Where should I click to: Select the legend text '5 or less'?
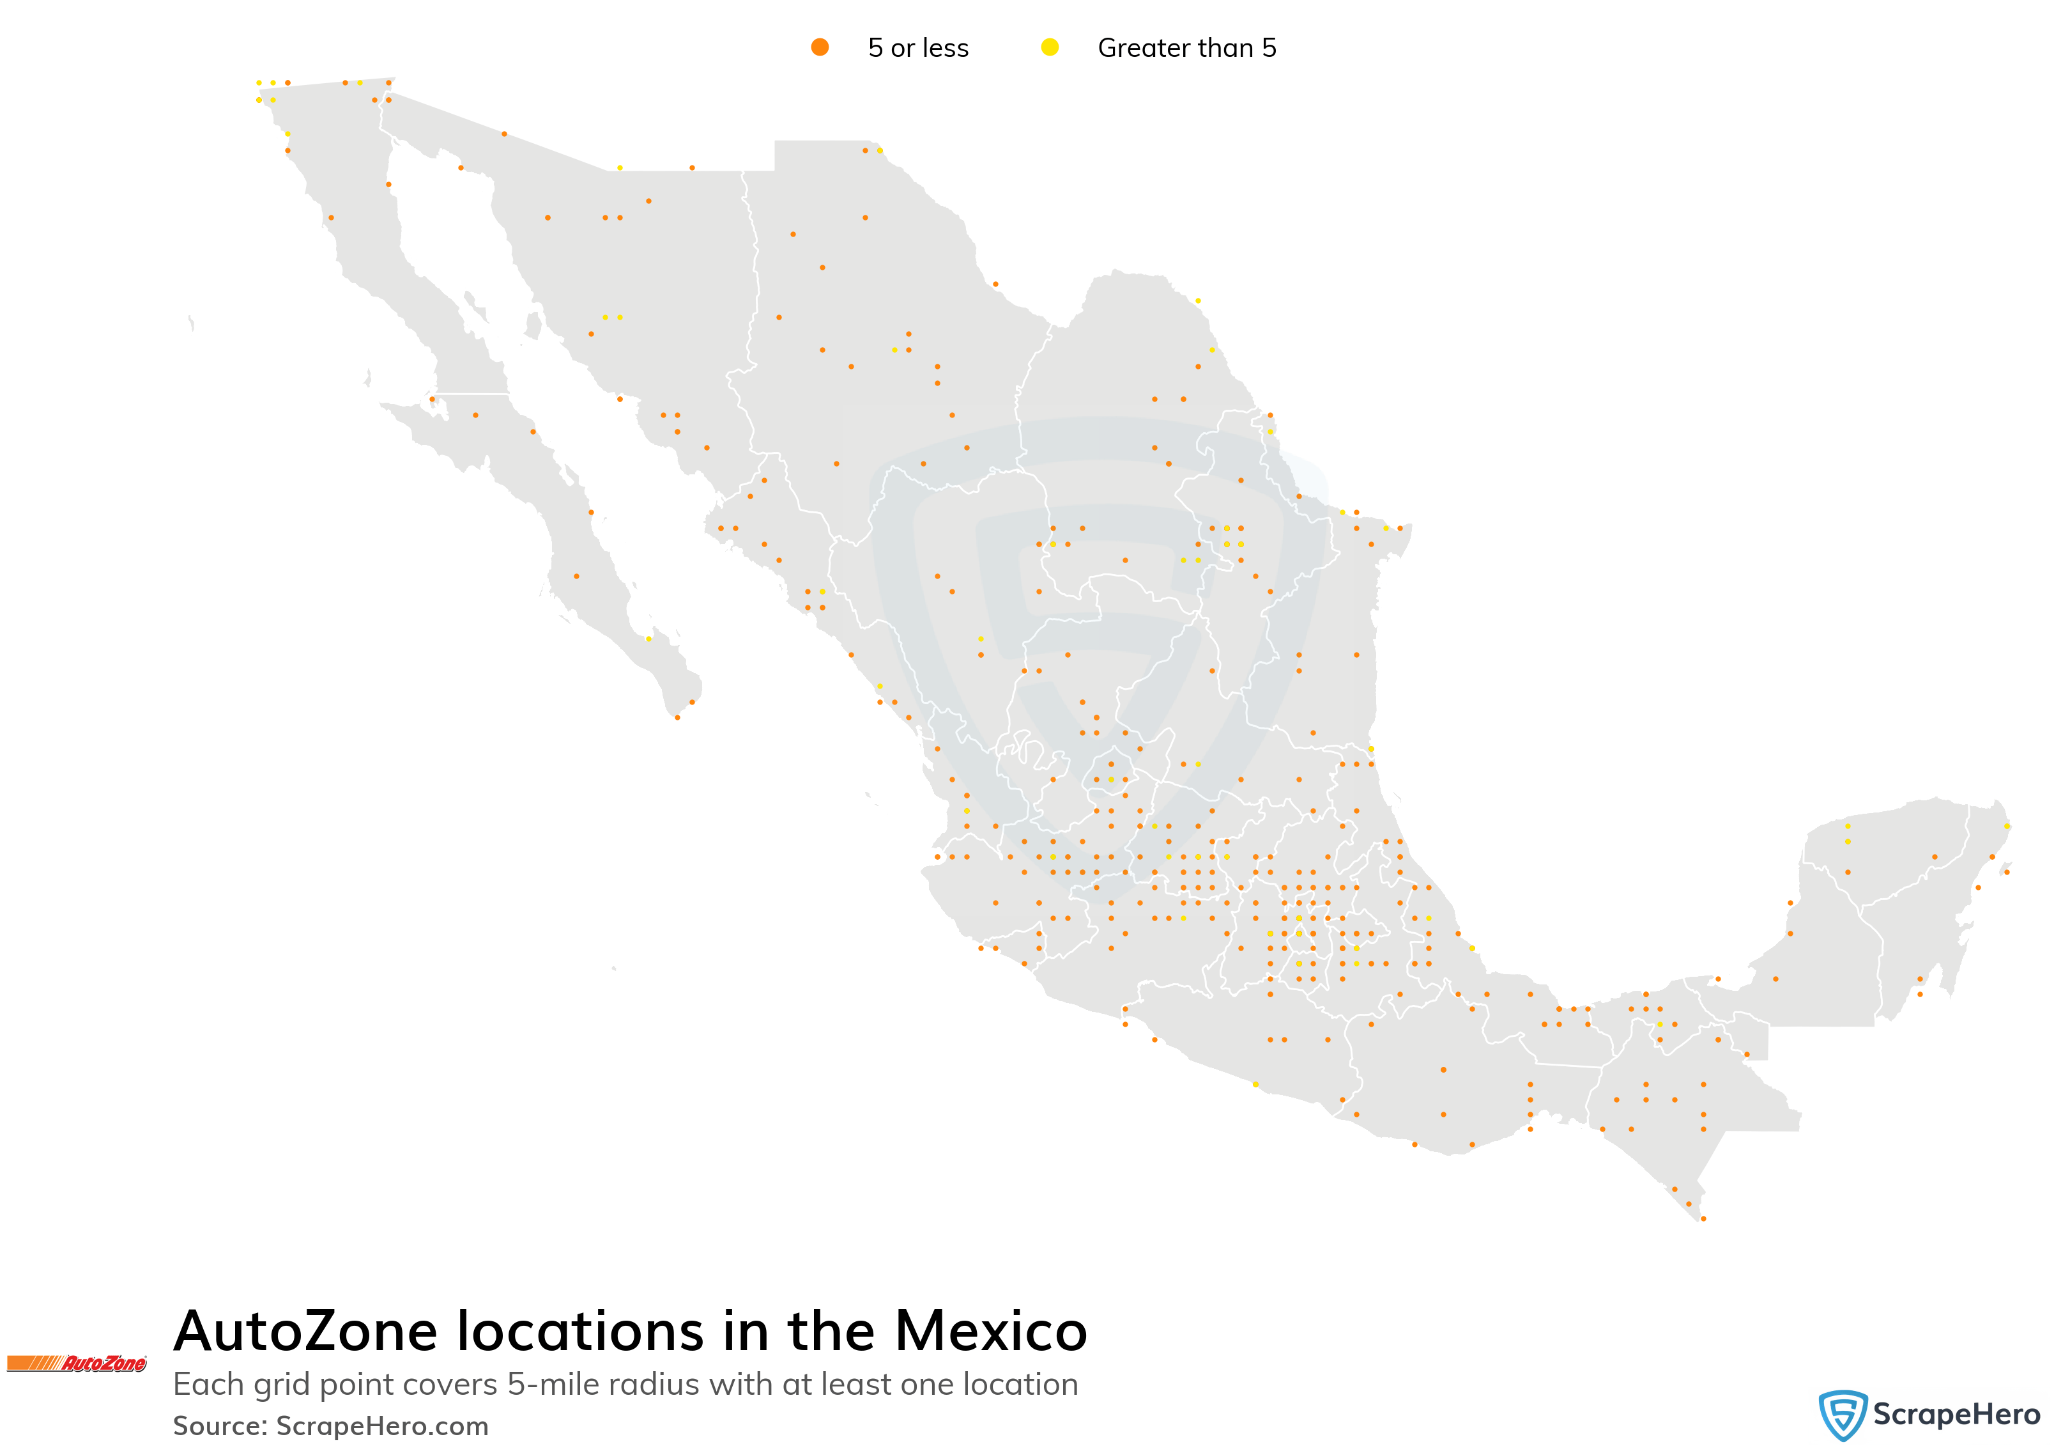tap(918, 48)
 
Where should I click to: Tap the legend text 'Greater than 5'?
tap(1186, 48)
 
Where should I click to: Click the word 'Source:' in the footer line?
tap(220, 1426)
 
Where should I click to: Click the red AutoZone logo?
tap(77, 1363)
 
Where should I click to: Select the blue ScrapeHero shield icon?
tap(1842, 1414)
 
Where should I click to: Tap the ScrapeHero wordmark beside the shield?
tap(1956, 1414)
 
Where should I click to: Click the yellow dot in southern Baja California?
tap(648, 639)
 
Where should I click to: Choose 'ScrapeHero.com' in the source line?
tap(382, 1426)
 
